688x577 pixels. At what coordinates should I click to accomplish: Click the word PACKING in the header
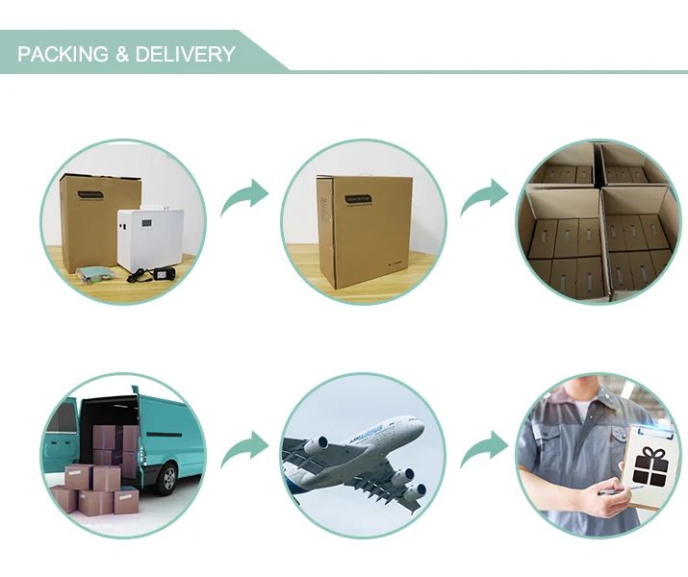click(64, 54)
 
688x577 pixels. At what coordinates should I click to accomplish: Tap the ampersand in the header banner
click(121, 54)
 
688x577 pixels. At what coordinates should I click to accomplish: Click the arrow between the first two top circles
click(244, 197)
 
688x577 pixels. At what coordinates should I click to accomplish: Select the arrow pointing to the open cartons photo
click(484, 197)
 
